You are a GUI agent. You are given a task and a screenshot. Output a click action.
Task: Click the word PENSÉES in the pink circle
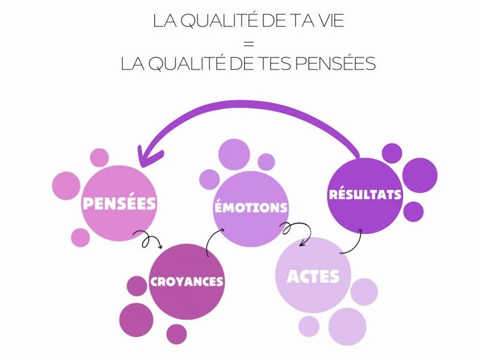pyautogui.click(x=119, y=203)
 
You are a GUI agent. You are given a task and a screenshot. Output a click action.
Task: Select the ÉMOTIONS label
pyautogui.click(x=251, y=208)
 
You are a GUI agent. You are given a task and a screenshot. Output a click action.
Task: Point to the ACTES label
pyautogui.click(x=313, y=276)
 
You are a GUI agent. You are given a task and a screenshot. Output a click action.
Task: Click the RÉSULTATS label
pyautogui.click(x=365, y=195)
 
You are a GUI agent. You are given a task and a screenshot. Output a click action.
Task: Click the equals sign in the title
pyautogui.click(x=248, y=43)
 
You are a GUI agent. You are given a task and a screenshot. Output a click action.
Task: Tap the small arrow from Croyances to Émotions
pyautogui.click(x=211, y=241)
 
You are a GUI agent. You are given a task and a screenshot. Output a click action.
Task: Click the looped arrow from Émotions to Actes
pyautogui.click(x=298, y=233)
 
